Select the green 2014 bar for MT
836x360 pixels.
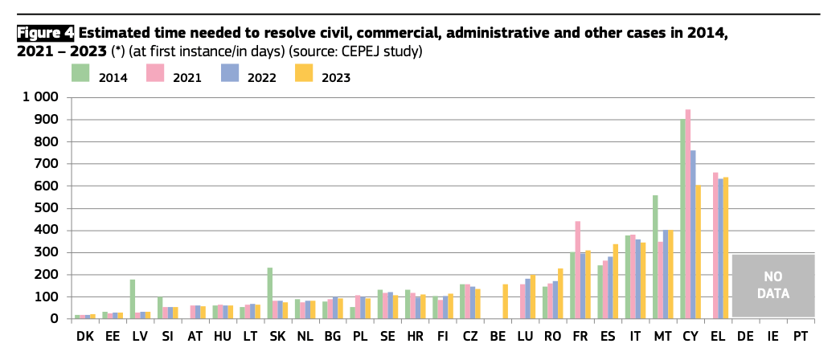[x=655, y=257]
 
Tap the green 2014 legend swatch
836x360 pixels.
[x=80, y=73]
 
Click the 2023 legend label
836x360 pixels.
[x=336, y=78]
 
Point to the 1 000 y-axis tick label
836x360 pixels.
[x=39, y=97]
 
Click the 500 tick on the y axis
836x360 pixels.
[x=48, y=208]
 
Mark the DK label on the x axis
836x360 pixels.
[x=84, y=338]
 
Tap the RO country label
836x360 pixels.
[x=552, y=338]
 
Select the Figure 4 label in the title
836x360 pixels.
[x=46, y=33]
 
